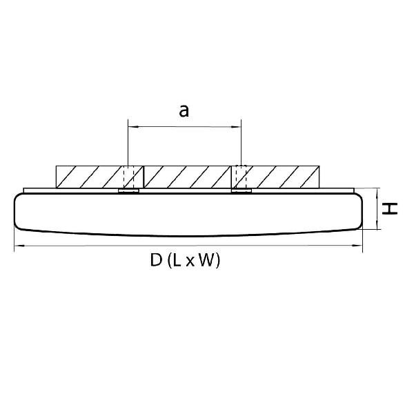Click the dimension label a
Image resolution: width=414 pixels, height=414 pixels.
click(x=184, y=111)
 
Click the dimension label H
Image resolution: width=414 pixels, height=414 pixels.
click(x=390, y=208)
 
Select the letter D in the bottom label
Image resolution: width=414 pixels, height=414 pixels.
click(x=156, y=260)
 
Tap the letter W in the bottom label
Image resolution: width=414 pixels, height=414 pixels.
click(x=206, y=260)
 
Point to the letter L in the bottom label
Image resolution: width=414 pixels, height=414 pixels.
click(x=177, y=260)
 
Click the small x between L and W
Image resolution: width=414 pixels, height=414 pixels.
click(x=190, y=262)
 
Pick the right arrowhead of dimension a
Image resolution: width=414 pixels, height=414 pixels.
click(x=236, y=127)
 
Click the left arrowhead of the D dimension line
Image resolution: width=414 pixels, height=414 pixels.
click(x=19, y=246)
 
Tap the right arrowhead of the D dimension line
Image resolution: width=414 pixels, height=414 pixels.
click(x=357, y=246)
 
